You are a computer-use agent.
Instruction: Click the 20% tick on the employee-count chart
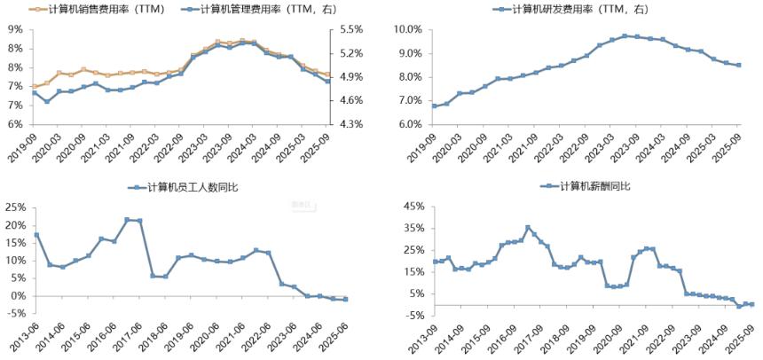point(15,225)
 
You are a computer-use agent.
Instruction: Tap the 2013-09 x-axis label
point(422,330)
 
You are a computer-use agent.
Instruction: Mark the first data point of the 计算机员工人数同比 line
point(36,235)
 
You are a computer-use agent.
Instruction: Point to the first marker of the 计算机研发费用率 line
point(433,106)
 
